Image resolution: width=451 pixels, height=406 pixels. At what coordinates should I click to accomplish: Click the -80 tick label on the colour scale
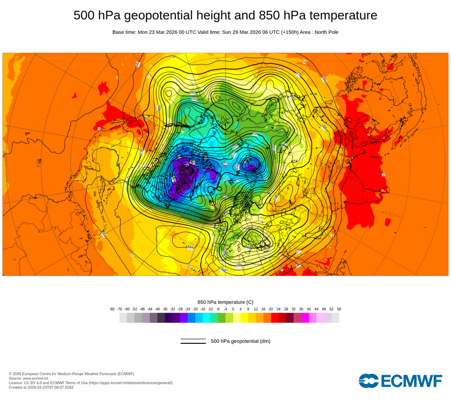112,309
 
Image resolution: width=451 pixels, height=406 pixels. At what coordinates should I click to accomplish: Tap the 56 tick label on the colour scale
339,309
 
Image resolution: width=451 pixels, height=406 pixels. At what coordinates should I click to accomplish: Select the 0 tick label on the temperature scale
233,309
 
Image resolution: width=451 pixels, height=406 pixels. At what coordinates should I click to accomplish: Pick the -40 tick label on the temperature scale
157,309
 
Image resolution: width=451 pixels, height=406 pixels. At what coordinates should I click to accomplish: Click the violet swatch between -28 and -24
184,318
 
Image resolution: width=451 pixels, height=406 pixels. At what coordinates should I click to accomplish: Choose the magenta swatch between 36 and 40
305,318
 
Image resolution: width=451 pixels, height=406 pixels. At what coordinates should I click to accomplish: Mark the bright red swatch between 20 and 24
275,318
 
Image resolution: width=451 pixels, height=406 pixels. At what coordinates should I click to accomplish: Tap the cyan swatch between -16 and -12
207,318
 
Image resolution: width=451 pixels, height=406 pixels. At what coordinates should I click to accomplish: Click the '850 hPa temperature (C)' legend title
225,302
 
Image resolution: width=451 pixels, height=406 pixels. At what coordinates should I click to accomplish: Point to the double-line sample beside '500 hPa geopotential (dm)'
193,341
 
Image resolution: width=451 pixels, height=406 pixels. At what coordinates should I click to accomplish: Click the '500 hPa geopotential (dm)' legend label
240,341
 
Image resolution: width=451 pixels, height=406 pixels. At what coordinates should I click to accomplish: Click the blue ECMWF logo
400,381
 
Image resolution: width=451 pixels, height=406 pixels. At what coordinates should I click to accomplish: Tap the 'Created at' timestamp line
41,387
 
